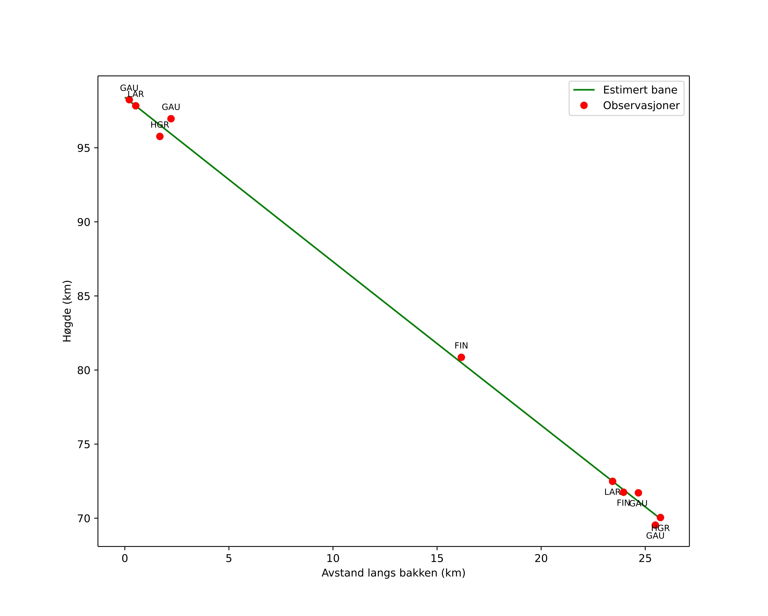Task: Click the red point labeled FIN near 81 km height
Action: pos(461,357)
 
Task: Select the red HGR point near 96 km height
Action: pos(160,136)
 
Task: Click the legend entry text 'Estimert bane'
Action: pos(640,90)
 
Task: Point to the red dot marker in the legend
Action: pos(584,105)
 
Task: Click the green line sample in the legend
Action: pos(584,90)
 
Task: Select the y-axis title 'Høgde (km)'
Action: pos(67,311)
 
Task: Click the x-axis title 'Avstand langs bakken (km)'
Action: pos(393,573)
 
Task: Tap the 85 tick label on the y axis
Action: pos(84,296)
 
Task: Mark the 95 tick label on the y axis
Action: pos(84,148)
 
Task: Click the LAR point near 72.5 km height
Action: pos(612,481)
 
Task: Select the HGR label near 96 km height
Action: pos(160,125)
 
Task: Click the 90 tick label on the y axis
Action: pos(84,222)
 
